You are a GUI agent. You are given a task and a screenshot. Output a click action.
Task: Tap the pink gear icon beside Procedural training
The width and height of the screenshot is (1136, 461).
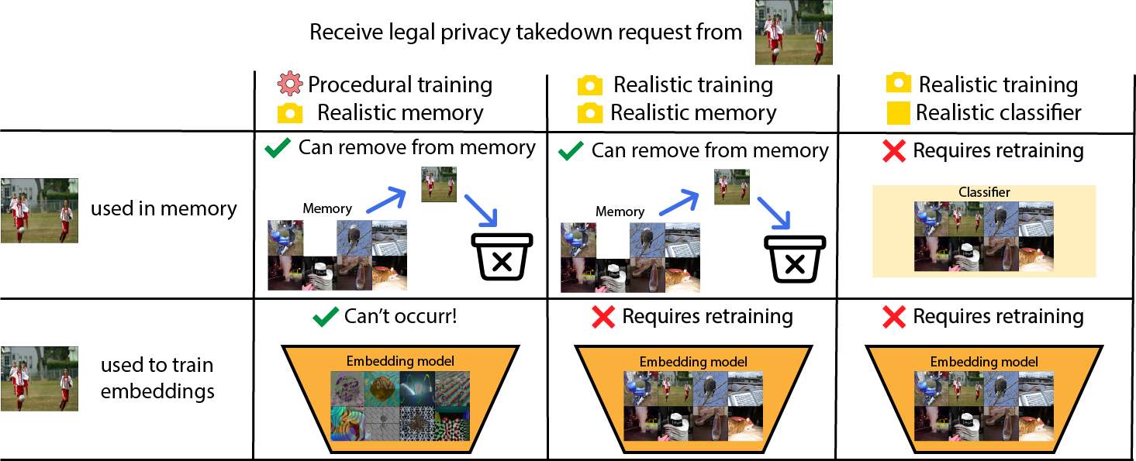tap(289, 84)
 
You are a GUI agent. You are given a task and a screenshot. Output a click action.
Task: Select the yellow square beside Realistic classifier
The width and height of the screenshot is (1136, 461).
tap(898, 112)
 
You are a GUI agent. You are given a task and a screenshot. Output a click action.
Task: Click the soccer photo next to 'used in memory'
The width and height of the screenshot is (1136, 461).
tap(39, 210)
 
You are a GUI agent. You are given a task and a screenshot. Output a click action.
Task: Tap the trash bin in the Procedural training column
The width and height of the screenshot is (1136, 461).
tap(502, 256)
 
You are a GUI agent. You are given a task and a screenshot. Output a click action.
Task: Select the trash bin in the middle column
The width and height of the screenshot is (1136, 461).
tap(794, 258)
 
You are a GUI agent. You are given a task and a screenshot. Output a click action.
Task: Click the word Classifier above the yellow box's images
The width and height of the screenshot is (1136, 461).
tap(984, 192)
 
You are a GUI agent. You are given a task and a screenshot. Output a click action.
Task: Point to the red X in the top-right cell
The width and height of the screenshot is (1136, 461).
tap(894, 151)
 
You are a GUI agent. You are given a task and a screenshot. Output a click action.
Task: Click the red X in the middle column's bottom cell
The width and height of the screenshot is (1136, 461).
tap(603, 317)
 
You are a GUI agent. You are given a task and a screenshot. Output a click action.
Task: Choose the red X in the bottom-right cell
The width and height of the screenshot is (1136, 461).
tap(894, 317)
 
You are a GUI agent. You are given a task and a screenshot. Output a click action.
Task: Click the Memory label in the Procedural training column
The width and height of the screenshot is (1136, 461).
tap(326, 208)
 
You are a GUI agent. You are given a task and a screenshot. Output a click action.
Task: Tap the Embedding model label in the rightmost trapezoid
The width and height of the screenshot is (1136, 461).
tap(984, 362)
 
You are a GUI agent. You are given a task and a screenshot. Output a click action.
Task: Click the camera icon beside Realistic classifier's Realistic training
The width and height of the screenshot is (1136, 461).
tap(899, 84)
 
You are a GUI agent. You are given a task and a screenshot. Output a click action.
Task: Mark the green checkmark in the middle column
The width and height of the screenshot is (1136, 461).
tap(571, 150)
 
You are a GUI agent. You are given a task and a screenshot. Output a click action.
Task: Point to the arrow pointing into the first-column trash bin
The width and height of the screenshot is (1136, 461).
tap(478, 210)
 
